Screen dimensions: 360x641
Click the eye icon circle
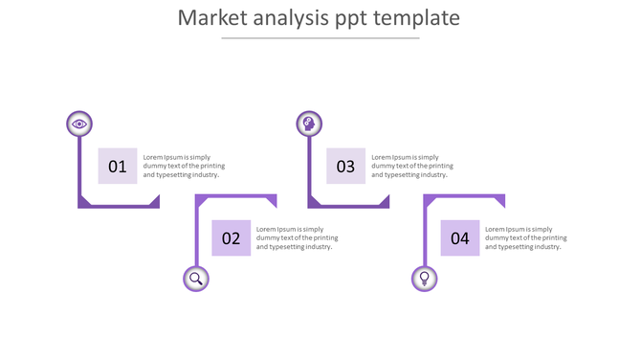(x=79, y=124)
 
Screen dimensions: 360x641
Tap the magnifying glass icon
(x=195, y=279)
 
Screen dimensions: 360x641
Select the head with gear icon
(x=308, y=124)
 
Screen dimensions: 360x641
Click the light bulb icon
(x=424, y=279)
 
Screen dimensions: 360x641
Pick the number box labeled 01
(x=118, y=166)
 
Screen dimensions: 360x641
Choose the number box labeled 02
(x=232, y=238)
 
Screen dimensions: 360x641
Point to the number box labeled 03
(x=345, y=166)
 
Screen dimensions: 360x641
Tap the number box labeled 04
(x=460, y=238)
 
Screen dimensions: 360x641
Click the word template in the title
(x=418, y=18)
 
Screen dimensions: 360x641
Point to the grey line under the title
(x=320, y=38)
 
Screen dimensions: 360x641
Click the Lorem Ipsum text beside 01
(x=184, y=166)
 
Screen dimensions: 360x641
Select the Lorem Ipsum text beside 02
(x=297, y=238)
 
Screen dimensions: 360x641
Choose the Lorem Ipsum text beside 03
(x=412, y=166)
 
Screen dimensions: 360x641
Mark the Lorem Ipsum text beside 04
(x=525, y=238)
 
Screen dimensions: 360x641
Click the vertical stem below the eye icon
(x=79, y=168)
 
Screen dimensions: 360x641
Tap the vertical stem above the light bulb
(x=424, y=234)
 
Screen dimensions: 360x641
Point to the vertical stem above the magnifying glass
(x=195, y=234)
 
